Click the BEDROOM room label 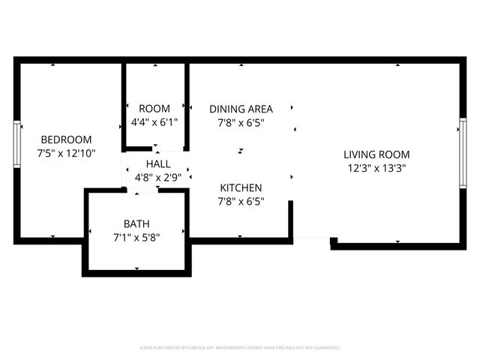click(x=66, y=139)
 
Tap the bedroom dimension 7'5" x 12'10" click(x=66, y=153)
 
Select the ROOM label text click(x=154, y=109)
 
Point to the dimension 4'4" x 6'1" click(x=154, y=122)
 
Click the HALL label click(x=157, y=164)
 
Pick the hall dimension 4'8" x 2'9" click(x=157, y=178)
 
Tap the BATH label click(x=136, y=223)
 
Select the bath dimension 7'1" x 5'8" click(x=136, y=237)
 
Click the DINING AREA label click(x=241, y=109)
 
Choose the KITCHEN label click(x=241, y=187)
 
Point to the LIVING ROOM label click(x=376, y=154)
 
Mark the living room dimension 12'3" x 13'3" click(x=376, y=168)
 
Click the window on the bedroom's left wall click(x=16, y=144)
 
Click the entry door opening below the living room click(x=311, y=240)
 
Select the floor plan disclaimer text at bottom click(x=240, y=348)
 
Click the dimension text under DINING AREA click(x=241, y=122)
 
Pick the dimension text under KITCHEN click(x=241, y=201)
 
